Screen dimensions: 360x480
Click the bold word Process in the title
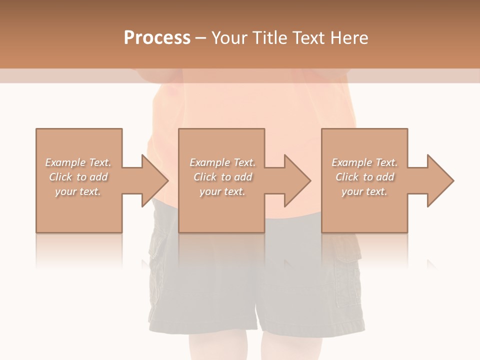157,38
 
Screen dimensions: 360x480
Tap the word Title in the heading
270,38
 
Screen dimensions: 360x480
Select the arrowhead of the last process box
440,180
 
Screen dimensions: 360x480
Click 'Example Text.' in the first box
78,162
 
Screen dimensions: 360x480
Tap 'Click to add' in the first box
78,177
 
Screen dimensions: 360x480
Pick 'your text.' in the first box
78,191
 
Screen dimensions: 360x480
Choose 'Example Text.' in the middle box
222,162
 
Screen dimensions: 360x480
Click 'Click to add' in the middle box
222,177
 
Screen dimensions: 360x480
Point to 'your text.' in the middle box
222,191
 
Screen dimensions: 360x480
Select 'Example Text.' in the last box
364,162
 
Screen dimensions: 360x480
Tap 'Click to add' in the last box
364,177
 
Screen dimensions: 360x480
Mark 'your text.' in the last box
364,191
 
